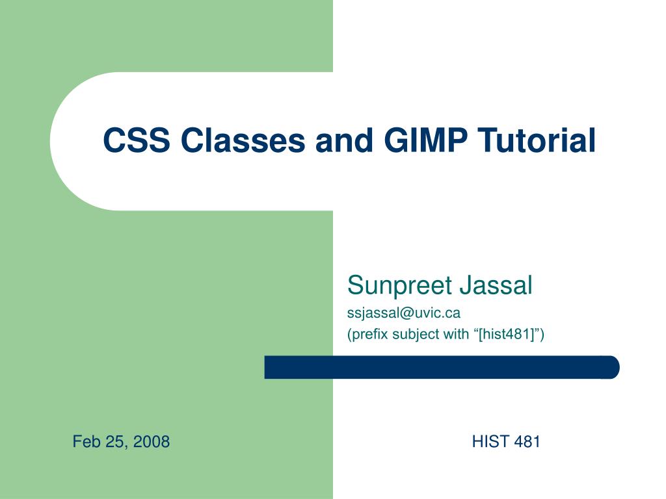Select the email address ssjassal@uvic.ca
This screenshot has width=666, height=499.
[x=404, y=313]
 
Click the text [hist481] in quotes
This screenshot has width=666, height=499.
[x=506, y=335]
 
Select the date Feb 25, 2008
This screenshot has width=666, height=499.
[x=121, y=442]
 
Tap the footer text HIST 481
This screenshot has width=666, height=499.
[x=506, y=442]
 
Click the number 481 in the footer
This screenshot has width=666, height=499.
[x=527, y=442]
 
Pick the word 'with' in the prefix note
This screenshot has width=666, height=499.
[x=456, y=335]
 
